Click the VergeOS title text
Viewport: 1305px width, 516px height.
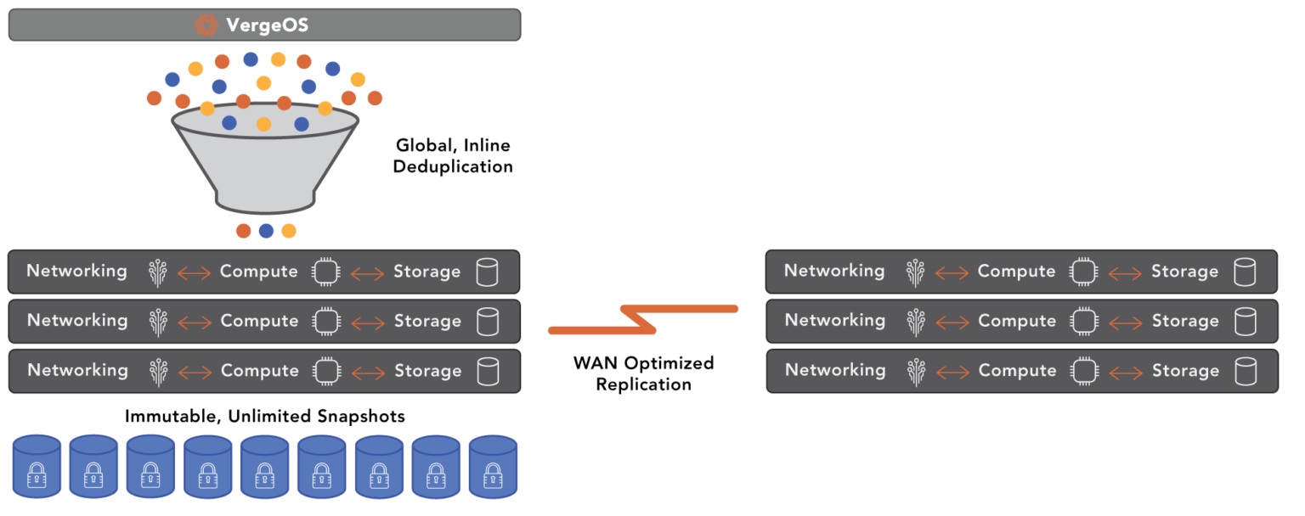(267, 25)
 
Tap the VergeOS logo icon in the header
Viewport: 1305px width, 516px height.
(206, 25)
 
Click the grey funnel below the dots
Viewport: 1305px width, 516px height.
(264, 165)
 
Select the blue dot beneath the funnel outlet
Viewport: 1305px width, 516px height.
(266, 231)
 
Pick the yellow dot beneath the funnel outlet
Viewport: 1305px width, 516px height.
(289, 231)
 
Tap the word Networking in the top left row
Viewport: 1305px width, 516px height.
(76, 272)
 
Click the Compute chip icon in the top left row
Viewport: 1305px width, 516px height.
(325, 272)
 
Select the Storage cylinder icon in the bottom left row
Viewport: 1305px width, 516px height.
(488, 372)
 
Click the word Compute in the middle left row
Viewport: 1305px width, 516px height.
(259, 321)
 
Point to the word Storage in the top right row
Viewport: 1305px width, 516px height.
(1184, 272)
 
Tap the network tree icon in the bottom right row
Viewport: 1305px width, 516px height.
(916, 372)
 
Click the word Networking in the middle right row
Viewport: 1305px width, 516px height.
(834, 321)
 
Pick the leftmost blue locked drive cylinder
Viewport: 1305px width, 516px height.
(37, 466)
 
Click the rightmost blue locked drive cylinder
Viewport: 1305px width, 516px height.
(493, 466)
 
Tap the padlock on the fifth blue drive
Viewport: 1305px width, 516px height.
(264, 475)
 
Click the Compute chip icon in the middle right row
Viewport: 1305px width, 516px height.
(1082, 322)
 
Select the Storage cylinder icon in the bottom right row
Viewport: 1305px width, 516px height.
(1246, 372)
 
